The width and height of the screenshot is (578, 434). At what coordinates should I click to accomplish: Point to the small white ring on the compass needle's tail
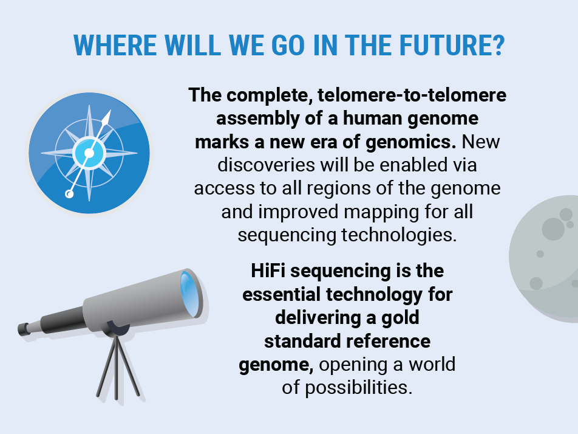(x=69, y=195)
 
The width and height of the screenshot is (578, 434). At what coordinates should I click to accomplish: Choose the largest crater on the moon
(x=553, y=229)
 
